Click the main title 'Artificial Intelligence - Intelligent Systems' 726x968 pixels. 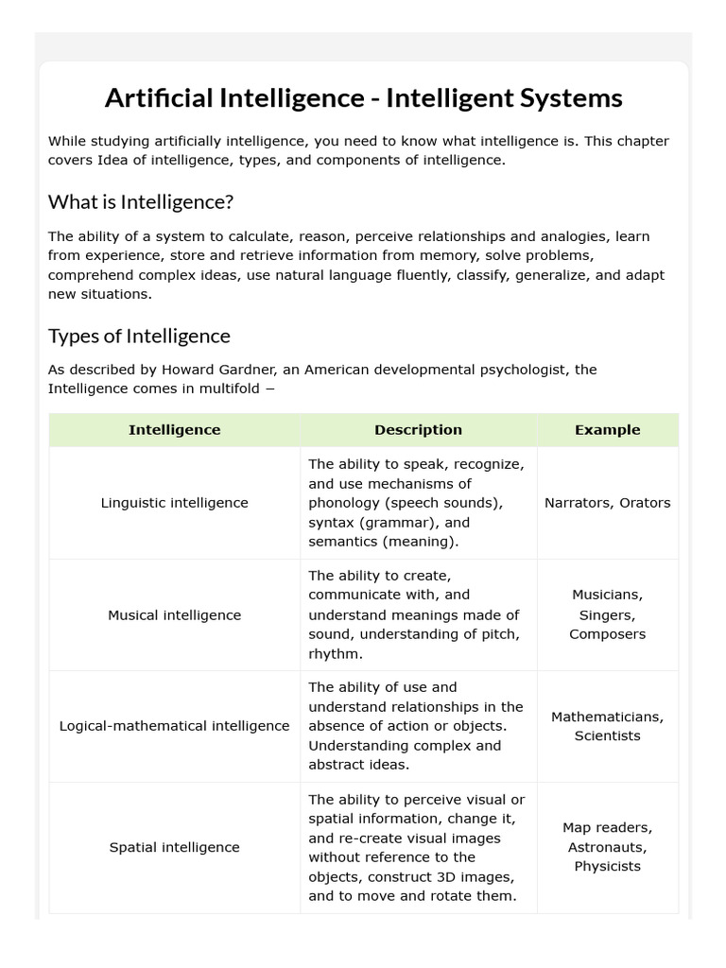tap(363, 97)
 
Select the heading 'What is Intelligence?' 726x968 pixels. tap(140, 201)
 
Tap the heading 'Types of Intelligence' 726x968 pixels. tap(139, 336)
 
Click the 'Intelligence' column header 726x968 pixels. tap(174, 429)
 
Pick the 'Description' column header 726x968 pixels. tap(418, 429)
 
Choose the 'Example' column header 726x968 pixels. tap(607, 429)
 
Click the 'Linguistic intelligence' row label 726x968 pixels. tap(174, 503)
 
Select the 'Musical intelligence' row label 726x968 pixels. tap(174, 614)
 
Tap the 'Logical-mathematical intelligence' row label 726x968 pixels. tap(174, 726)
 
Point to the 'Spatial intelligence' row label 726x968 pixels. tap(174, 847)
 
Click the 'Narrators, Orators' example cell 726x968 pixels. tap(607, 503)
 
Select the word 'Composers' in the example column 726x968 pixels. tap(607, 634)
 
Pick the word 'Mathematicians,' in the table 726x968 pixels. tap(607, 717)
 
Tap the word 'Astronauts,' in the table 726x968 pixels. tap(607, 847)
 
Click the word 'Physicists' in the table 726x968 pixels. tap(607, 866)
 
